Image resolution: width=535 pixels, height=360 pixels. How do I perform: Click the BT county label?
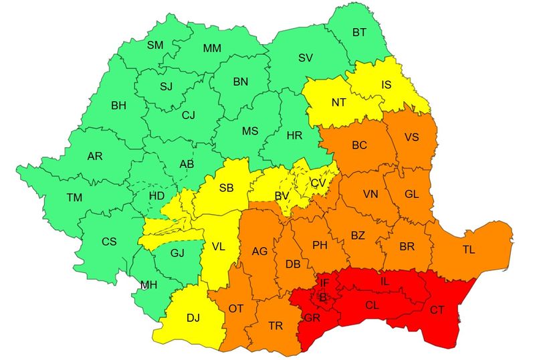tap(359, 32)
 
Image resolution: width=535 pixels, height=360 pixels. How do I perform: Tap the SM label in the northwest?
tap(155, 45)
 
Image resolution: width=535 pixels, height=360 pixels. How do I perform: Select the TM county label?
tap(75, 197)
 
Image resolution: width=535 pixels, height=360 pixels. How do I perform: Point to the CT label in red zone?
tap(437, 310)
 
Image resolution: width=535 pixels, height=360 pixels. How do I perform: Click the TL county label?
tap(469, 250)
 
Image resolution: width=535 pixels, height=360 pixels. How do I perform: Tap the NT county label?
tap(339, 103)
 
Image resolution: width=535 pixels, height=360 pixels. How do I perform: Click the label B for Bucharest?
tap(323, 297)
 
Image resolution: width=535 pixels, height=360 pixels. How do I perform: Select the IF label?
tap(324, 284)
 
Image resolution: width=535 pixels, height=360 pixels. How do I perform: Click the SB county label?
tap(226, 187)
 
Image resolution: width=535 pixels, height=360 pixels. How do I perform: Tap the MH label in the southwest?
tap(148, 284)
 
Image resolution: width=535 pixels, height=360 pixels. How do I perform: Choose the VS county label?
tap(412, 137)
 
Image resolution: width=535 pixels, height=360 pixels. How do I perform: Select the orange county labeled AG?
tap(259, 252)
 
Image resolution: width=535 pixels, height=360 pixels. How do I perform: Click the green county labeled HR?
tap(294, 135)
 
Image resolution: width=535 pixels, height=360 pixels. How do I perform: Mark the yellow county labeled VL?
tap(218, 246)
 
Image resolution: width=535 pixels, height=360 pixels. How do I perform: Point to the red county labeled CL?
tap(372, 304)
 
